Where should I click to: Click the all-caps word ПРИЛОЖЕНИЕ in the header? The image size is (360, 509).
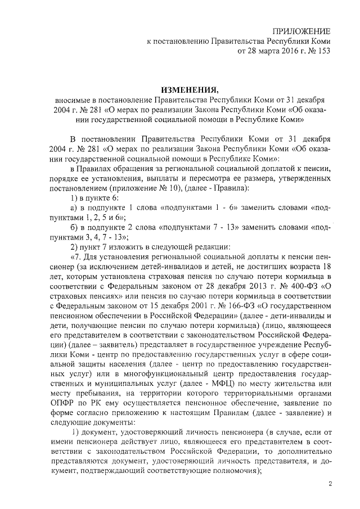tap(301, 31)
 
